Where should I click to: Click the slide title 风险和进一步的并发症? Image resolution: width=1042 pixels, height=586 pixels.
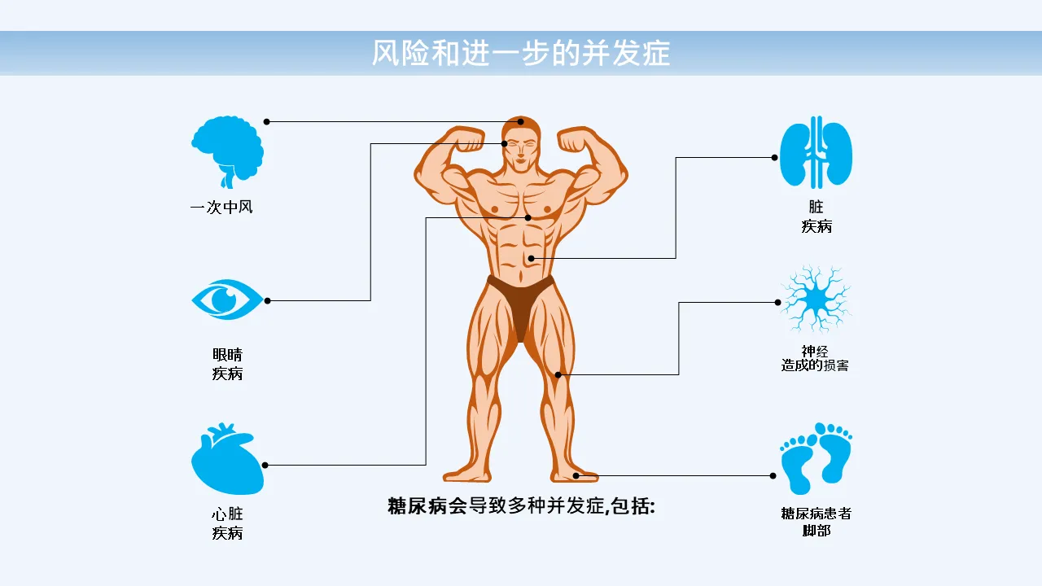click(521, 53)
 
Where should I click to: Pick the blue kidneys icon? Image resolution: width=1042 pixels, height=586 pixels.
click(816, 154)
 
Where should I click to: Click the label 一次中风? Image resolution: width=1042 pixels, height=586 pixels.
click(221, 208)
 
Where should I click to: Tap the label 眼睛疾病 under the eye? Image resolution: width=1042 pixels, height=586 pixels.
click(227, 365)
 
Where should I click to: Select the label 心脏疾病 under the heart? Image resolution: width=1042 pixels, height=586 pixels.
click(227, 524)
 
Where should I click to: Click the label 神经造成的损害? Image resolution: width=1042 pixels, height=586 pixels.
click(815, 359)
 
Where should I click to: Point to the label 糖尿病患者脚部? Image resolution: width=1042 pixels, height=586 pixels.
click(816, 522)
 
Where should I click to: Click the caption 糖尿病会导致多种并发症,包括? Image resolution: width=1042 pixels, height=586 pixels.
click(521, 506)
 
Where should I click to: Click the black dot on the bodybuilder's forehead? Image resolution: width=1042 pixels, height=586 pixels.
click(521, 122)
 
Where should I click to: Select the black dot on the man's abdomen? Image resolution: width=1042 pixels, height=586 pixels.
click(531, 259)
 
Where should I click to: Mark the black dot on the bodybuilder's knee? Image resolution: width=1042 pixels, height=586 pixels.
click(558, 374)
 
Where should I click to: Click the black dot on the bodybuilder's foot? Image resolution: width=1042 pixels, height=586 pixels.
click(576, 475)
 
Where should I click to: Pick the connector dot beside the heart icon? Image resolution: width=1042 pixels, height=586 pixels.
click(265, 466)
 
